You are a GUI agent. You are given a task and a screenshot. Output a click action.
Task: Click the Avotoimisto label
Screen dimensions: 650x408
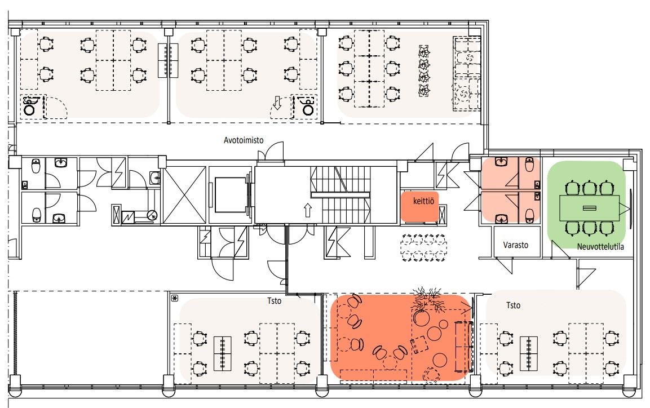click(244, 140)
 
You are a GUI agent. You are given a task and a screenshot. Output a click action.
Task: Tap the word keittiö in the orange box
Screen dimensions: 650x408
click(423, 201)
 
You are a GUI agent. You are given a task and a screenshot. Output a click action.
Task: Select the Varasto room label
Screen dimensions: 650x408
click(516, 245)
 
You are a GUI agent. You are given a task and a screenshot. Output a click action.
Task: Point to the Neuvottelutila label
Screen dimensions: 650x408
click(600, 247)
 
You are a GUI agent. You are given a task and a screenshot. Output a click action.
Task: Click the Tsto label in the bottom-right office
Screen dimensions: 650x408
click(513, 305)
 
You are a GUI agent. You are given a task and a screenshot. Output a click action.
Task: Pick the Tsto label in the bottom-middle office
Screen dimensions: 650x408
click(274, 301)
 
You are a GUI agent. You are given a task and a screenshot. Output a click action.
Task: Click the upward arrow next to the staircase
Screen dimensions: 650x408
click(307, 210)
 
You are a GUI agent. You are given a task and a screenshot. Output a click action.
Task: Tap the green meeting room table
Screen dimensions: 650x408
click(589, 208)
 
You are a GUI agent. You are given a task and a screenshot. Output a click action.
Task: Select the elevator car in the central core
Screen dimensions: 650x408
click(230, 194)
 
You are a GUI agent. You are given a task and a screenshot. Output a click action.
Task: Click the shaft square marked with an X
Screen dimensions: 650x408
click(184, 194)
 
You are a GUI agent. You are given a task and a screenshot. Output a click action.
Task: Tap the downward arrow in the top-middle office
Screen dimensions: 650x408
click(277, 103)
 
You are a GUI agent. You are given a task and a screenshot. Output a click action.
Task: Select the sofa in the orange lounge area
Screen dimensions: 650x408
click(464, 346)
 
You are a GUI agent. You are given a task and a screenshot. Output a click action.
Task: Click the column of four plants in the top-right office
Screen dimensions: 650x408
click(424, 71)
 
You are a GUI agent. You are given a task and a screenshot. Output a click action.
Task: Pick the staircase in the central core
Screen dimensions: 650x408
click(341, 194)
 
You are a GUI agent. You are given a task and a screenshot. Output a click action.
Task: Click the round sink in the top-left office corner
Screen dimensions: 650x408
click(29, 109)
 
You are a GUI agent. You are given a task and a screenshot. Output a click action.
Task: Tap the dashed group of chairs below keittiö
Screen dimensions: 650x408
click(424, 248)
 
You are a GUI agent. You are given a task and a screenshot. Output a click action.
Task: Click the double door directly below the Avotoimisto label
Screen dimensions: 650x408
click(271, 152)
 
